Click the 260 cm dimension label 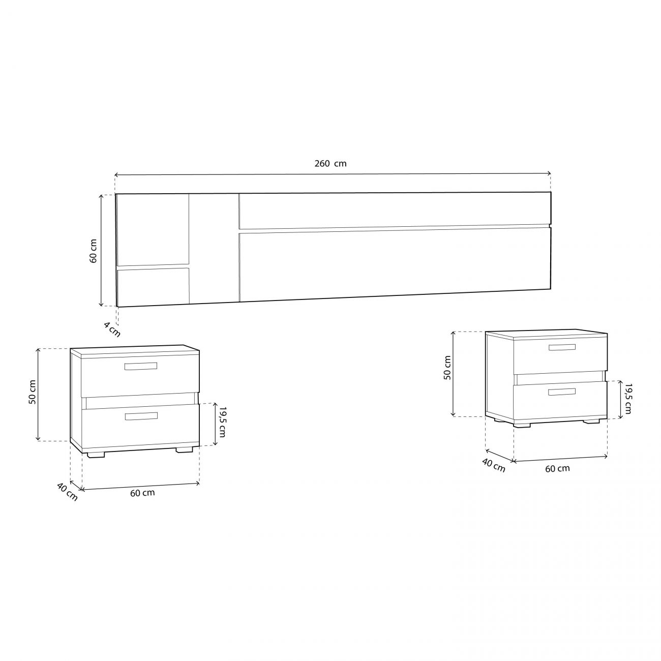tap(330, 164)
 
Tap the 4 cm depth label tap(112, 329)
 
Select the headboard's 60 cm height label tap(93, 251)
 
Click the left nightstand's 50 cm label tap(32, 392)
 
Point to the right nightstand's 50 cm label tap(447, 368)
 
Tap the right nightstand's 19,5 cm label tap(628, 399)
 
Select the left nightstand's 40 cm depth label tap(68, 492)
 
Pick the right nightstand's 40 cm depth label tap(494, 465)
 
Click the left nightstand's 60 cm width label tap(142, 493)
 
